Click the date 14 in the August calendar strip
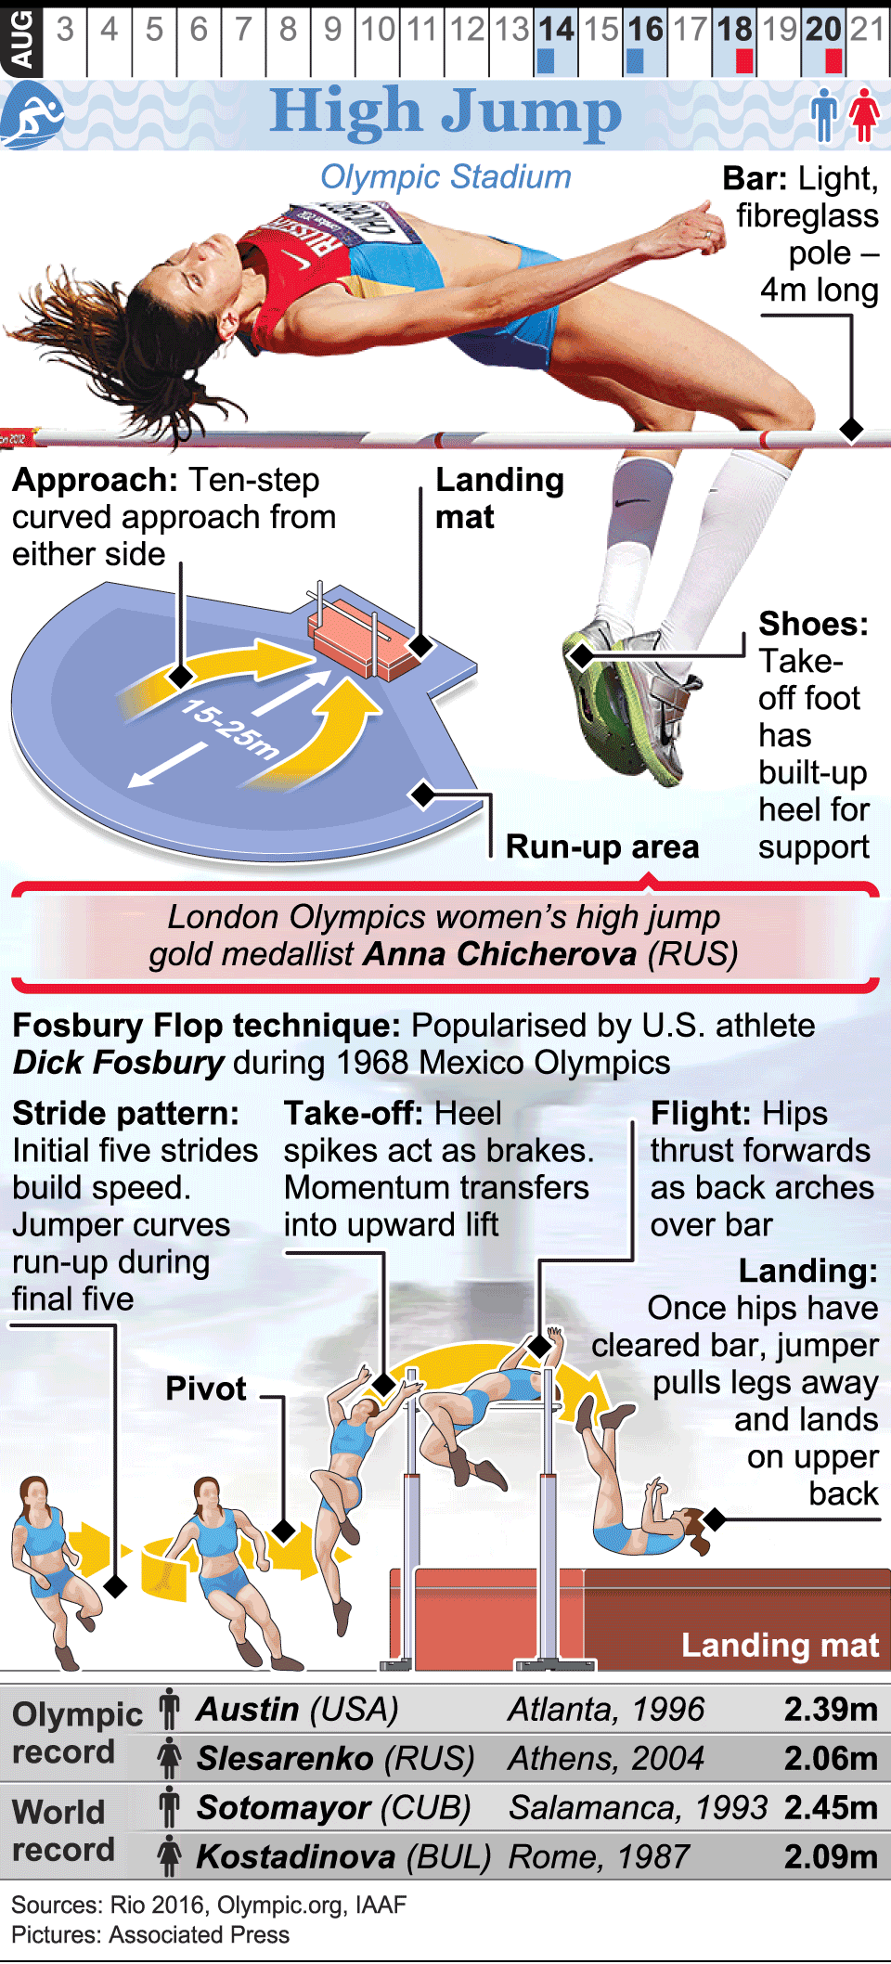556,30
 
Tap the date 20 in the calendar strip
824,30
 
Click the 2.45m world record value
831,1807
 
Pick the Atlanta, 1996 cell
606,1709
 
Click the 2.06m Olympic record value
831,1758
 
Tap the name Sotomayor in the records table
283,1807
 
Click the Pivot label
205,1389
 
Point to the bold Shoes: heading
813,624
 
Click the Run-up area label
602,846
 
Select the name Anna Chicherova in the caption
499,954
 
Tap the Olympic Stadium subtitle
445,176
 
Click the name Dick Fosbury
119,1063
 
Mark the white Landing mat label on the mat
780,1645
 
